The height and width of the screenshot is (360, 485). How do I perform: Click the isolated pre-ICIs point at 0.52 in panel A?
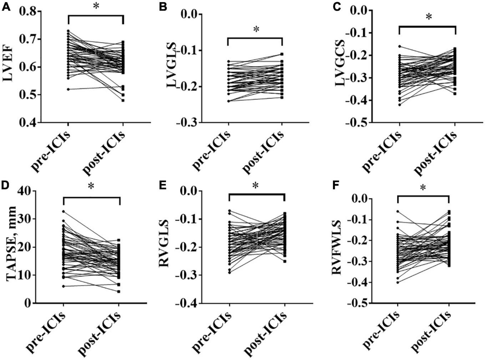click(68, 89)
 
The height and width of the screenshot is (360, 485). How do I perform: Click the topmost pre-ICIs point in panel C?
click(399, 46)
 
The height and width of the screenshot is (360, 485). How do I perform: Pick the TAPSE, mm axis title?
click(12, 246)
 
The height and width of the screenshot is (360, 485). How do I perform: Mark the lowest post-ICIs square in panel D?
click(119, 291)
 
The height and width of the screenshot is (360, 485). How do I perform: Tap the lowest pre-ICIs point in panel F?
click(398, 282)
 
